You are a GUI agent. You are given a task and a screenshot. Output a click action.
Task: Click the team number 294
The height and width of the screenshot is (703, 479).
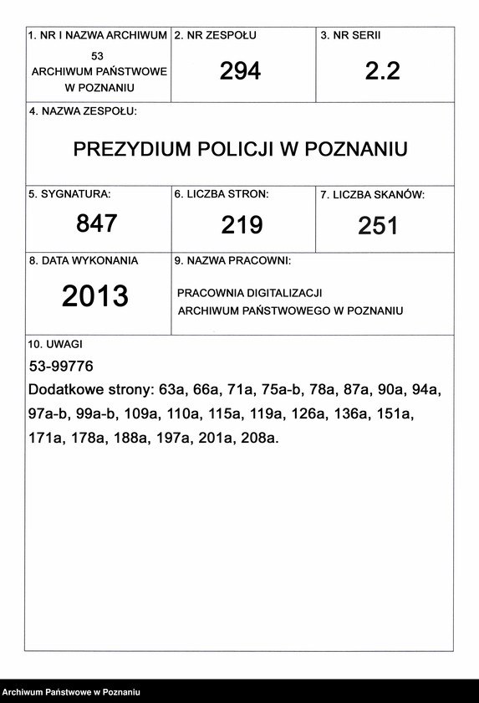(240, 72)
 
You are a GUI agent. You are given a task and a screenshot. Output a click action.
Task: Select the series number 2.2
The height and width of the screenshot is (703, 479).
(383, 72)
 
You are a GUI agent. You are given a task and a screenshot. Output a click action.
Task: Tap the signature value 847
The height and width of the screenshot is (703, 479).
(97, 223)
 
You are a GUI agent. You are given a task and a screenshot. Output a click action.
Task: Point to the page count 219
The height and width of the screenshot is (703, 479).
(242, 224)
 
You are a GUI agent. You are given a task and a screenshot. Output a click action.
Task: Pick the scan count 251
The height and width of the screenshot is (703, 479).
(378, 226)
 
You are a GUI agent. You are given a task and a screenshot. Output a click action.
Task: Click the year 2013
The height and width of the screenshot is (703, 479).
(95, 296)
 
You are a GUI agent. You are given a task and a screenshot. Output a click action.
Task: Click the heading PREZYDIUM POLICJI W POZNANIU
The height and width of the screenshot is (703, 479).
(241, 150)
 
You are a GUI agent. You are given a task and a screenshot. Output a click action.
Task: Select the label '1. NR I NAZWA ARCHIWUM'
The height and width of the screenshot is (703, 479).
(98, 36)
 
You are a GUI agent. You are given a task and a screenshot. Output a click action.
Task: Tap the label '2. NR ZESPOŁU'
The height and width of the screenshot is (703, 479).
(216, 36)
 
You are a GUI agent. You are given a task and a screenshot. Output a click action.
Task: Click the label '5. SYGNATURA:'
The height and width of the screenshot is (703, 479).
(69, 194)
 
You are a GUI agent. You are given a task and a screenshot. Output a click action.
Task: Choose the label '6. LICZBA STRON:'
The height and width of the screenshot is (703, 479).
(222, 194)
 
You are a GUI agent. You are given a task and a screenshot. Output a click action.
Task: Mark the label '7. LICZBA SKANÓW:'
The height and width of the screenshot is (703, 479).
(373, 195)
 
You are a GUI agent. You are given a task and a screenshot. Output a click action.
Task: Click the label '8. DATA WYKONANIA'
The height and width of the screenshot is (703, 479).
(84, 261)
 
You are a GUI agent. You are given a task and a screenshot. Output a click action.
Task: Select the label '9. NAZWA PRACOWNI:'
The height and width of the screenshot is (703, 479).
(232, 261)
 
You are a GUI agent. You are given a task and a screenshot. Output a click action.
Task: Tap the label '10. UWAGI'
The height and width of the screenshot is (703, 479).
(56, 344)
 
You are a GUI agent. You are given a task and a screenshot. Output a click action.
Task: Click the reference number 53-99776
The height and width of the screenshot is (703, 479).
(61, 367)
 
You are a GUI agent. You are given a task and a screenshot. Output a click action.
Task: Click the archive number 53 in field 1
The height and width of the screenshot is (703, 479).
(98, 55)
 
